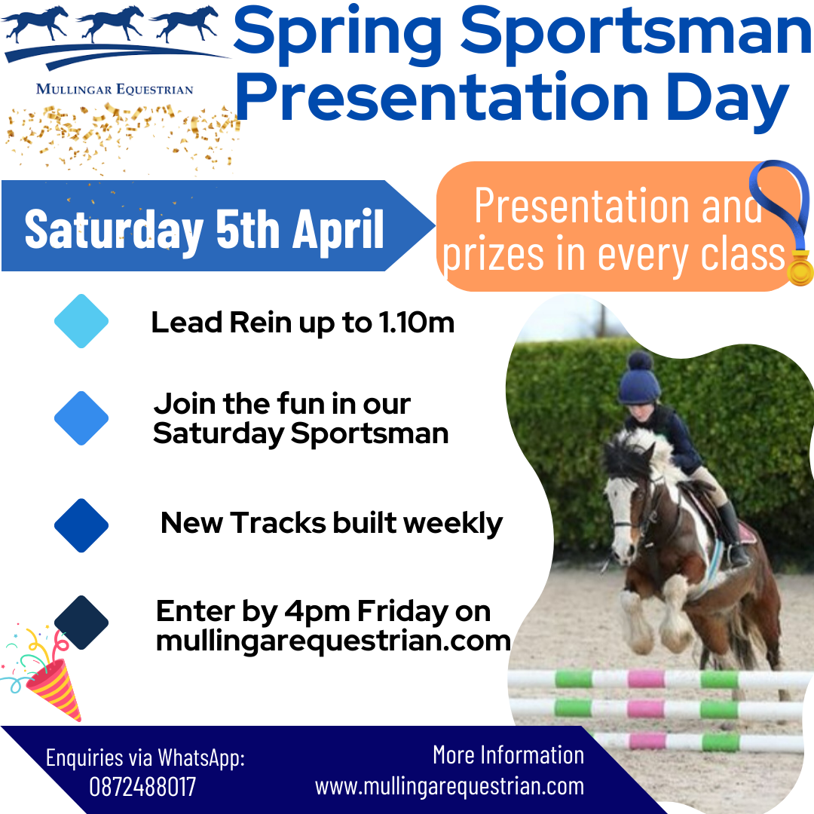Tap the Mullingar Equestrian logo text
click(115, 89)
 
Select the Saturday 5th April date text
click(204, 229)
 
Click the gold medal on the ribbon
click(800, 268)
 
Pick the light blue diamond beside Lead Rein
click(81, 321)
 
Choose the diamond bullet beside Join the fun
click(81, 418)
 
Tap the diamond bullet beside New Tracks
click(81, 525)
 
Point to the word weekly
click(453, 523)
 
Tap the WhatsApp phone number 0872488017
click(142, 787)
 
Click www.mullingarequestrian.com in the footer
click(449, 786)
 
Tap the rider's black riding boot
click(733, 534)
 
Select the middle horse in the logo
click(111, 23)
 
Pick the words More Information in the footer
click(508, 754)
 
